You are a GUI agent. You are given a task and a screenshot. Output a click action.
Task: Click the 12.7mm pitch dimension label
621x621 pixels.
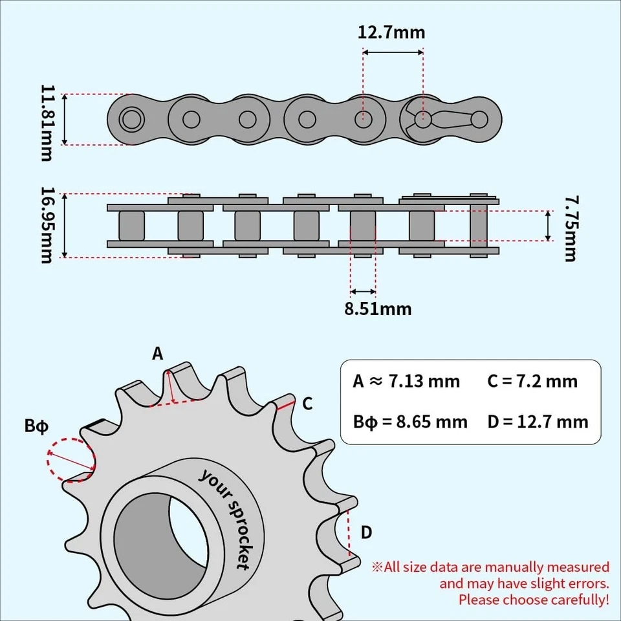click(391, 32)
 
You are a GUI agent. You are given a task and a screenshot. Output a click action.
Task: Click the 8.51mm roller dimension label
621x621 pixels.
click(377, 309)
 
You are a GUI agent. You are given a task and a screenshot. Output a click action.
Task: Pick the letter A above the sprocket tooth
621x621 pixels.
click(158, 354)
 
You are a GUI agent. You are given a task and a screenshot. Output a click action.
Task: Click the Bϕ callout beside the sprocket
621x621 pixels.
click(36, 427)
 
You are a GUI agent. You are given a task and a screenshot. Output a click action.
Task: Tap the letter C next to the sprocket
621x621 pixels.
click(308, 404)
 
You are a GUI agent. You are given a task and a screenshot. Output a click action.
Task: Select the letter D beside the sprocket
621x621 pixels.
click(366, 532)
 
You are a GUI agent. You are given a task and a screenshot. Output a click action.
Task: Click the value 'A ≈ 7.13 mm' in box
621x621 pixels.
click(406, 382)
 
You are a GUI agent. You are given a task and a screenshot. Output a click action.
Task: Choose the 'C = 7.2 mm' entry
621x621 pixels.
click(532, 382)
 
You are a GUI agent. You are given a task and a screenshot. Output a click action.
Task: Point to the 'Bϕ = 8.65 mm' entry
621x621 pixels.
click(409, 422)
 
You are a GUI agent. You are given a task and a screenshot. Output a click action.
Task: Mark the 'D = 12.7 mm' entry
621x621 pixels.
click(538, 422)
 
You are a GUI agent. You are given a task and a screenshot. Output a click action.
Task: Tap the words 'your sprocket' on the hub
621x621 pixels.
click(224, 518)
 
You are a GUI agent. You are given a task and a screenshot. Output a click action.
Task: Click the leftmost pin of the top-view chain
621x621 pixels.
click(131, 119)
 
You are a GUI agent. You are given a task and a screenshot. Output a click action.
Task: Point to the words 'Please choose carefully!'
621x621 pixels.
click(534, 600)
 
